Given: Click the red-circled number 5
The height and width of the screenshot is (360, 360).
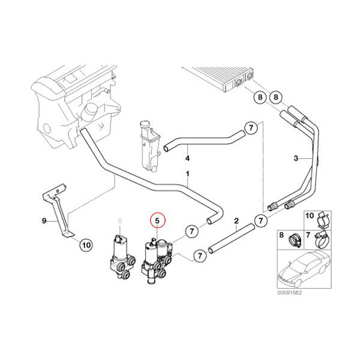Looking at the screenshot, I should pos(158,221).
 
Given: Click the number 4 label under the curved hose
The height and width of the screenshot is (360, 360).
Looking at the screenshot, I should pos(187,158).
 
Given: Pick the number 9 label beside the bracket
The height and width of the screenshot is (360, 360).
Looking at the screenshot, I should pos(43,221).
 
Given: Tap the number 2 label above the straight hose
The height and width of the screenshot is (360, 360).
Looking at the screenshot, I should pos(236,221).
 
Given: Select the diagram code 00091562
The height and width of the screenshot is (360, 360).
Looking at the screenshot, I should pos(289,293).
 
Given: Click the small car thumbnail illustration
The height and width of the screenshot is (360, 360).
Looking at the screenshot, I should pos(303,270).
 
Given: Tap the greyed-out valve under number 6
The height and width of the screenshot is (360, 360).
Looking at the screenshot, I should pos(120,255).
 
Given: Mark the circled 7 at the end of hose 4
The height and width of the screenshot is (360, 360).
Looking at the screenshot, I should pos(251,128).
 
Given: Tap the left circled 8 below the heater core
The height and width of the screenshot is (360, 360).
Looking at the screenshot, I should pos(260,97).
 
